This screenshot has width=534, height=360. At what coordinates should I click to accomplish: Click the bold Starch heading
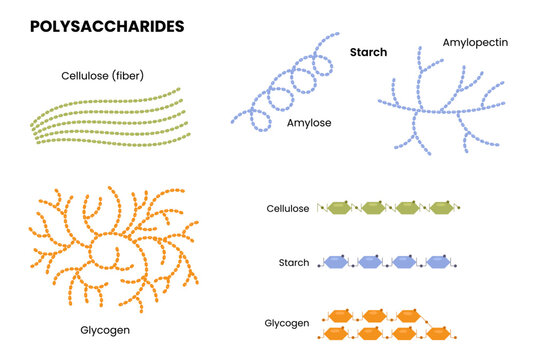tap(368, 51)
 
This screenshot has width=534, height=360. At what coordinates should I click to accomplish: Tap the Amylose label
tap(310, 123)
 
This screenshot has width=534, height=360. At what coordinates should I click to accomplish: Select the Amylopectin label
tap(477, 44)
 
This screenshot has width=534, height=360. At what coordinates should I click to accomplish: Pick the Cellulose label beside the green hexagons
tap(287, 209)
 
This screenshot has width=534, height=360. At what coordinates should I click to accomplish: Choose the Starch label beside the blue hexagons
tap(295, 263)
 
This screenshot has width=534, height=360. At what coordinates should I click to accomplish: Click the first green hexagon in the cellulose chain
tap(338, 208)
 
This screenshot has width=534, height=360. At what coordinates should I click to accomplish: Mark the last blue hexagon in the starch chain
tap(439, 263)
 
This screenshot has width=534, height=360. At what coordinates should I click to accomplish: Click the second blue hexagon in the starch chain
tap(371, 263)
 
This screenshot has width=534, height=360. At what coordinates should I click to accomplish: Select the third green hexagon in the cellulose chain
tap(406, 208)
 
